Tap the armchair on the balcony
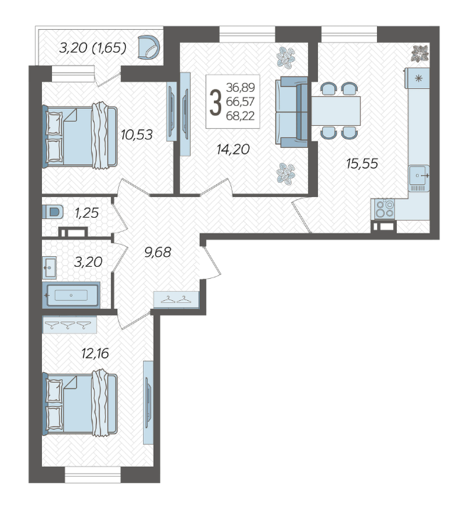149,48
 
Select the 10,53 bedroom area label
137,134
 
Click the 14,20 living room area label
233,149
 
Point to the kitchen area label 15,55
362,164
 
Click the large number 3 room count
216,103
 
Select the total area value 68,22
240,116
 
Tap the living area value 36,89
240,87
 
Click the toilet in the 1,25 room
53,211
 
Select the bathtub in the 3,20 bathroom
71,295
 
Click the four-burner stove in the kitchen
385,209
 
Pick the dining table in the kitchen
336,111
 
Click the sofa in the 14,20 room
292,112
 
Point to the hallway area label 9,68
158,252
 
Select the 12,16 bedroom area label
95,354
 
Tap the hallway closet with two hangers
176,300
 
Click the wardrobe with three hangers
69,324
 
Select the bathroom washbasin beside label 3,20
49,267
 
